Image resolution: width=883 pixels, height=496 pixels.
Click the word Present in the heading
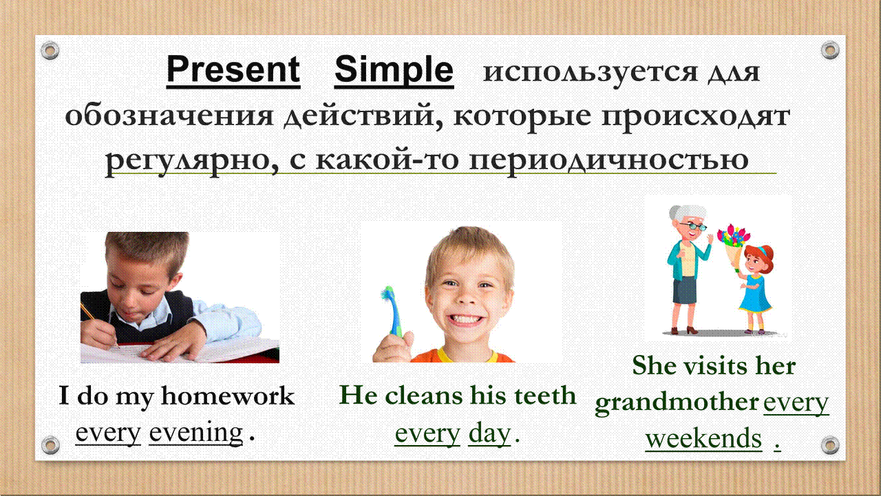point(233,69)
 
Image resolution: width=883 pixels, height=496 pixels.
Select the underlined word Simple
point(394,70)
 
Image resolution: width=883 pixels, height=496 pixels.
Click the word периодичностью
point(608,162)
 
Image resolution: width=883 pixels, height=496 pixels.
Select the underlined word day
point(489,434)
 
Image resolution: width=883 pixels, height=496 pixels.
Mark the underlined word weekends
point(703,438)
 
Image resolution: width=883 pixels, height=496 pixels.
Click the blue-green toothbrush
point(392,311)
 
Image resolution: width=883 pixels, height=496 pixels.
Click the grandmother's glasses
point(694,226)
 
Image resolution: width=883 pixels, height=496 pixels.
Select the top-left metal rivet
point(50,50)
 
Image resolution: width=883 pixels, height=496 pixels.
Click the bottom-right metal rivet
point(830,445)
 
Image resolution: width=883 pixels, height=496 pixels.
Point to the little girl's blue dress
point(755,294)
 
